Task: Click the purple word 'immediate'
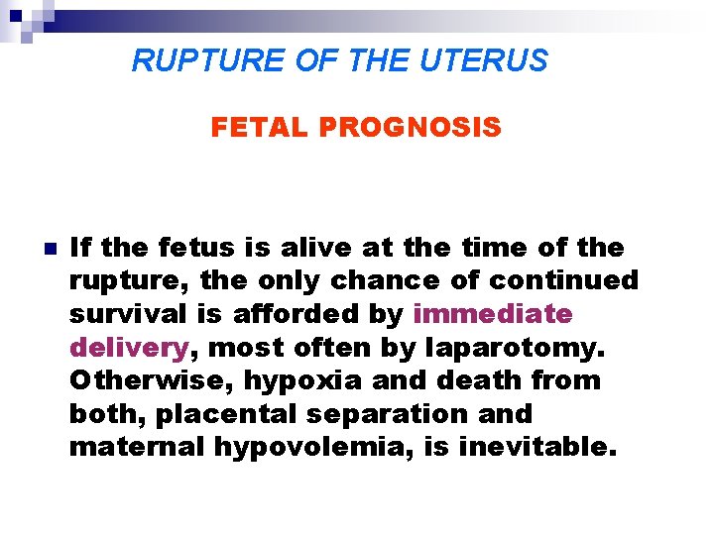pos(493,314)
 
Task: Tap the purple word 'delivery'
pos(129,348)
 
